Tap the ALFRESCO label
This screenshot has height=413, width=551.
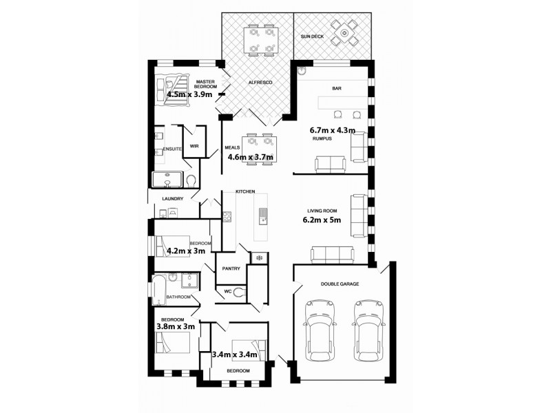point(261,83)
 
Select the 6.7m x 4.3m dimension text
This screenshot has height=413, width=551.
point(333,129)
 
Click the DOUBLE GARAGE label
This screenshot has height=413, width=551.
point(340,284)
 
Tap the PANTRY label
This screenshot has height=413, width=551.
point(231,268)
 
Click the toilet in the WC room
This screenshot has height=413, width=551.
point(239,292)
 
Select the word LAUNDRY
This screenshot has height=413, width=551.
point(172,199)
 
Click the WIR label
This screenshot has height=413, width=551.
point(194,146)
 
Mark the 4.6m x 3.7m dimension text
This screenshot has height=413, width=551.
point(251,157)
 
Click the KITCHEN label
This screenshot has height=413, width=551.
point(245,191)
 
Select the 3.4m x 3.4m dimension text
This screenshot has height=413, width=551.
point(234,355)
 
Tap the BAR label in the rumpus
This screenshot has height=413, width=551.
point(337,89)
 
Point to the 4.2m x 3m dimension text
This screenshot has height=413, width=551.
point(186,252)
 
